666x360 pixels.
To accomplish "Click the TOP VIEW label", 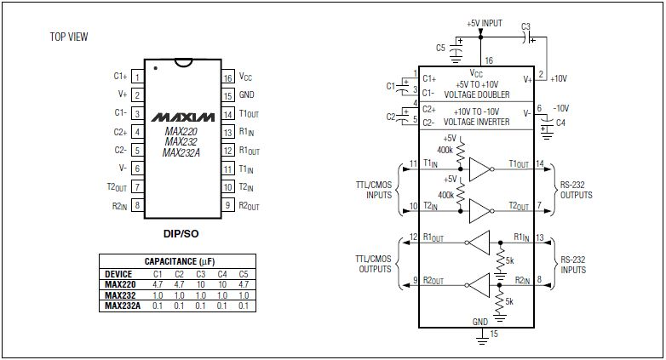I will click(69, 37).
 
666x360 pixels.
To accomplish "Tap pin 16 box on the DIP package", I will click(227, 77).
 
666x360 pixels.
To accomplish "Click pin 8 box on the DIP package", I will click(137, 205).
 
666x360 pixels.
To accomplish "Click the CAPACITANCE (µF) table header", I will click(176, 261).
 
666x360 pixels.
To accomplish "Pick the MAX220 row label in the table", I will click(118, 285).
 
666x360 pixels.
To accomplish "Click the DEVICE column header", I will click(117, 274).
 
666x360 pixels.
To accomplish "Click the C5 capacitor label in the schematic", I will click(440, 47).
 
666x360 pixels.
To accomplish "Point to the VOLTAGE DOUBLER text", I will click(481, 94).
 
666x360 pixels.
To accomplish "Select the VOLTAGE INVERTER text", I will click(481, 123).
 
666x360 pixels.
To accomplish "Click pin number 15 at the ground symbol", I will click(492, 335).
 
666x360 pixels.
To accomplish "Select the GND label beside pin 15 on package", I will click(247, 94).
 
